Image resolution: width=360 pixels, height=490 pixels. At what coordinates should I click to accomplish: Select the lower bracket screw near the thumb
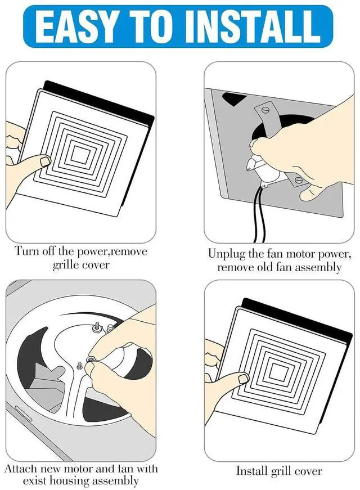[298, 179]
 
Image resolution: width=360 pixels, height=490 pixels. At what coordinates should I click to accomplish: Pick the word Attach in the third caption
[21, 469]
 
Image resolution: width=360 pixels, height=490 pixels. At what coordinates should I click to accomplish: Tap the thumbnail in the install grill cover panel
[242, 379]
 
